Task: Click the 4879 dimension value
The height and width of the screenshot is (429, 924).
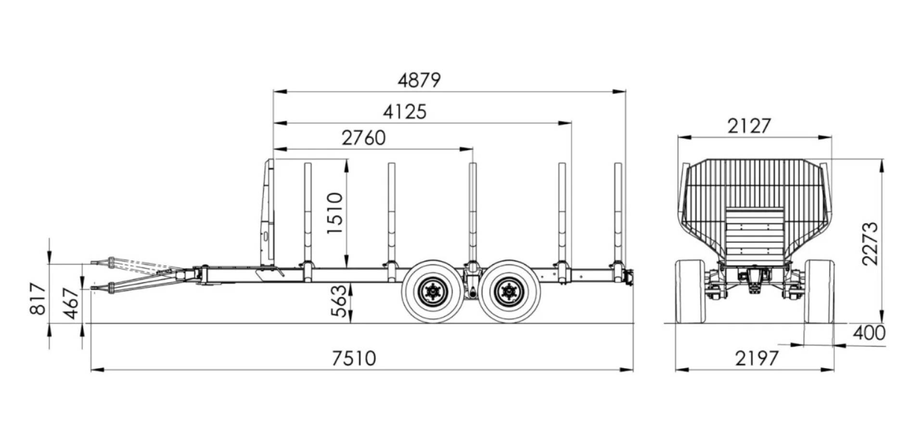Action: [419, 80]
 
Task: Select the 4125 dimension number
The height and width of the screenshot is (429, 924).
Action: [405, 112]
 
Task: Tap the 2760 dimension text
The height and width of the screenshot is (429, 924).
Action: [363, 138]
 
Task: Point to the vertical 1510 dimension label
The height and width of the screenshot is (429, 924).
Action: [335, 213]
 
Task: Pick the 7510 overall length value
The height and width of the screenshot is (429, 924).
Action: [354, 358]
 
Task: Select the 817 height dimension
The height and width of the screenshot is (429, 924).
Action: [38, 299]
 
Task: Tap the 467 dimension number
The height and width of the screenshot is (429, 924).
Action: [71, 303]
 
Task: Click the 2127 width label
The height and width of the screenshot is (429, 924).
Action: [749, 126]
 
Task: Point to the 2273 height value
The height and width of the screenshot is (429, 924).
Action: [870, 244]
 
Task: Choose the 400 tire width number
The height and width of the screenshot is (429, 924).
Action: [869, 333]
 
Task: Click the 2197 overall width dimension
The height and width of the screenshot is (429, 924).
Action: [757, 358]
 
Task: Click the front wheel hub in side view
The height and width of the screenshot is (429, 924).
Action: [433, 292]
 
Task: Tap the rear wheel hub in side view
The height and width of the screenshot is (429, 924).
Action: [509, 292]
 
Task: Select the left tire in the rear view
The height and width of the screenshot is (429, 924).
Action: [690, 291]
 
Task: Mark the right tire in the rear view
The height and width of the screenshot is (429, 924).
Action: [819, 291]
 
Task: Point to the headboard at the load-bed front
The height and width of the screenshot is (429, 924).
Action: [268, 212]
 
